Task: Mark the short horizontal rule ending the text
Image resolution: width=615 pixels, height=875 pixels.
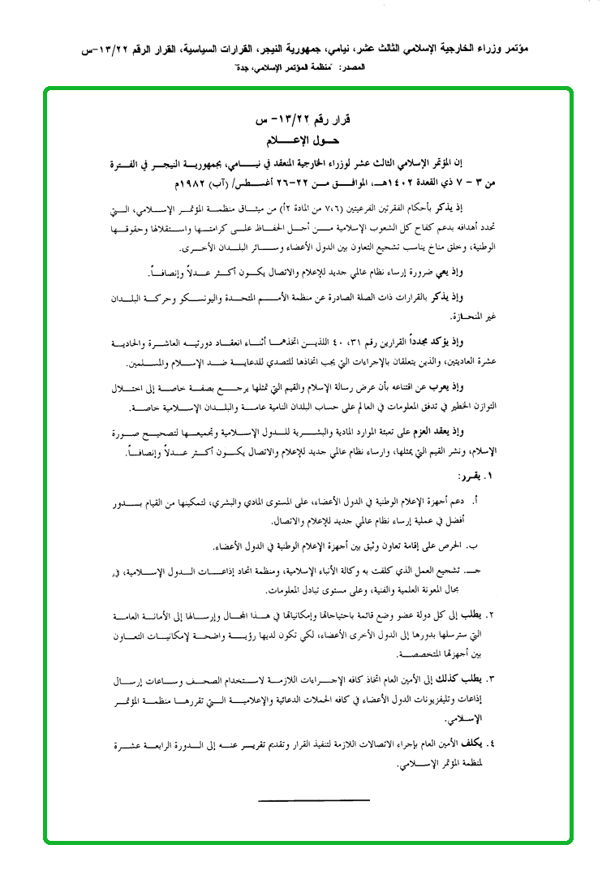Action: point(313,800)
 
